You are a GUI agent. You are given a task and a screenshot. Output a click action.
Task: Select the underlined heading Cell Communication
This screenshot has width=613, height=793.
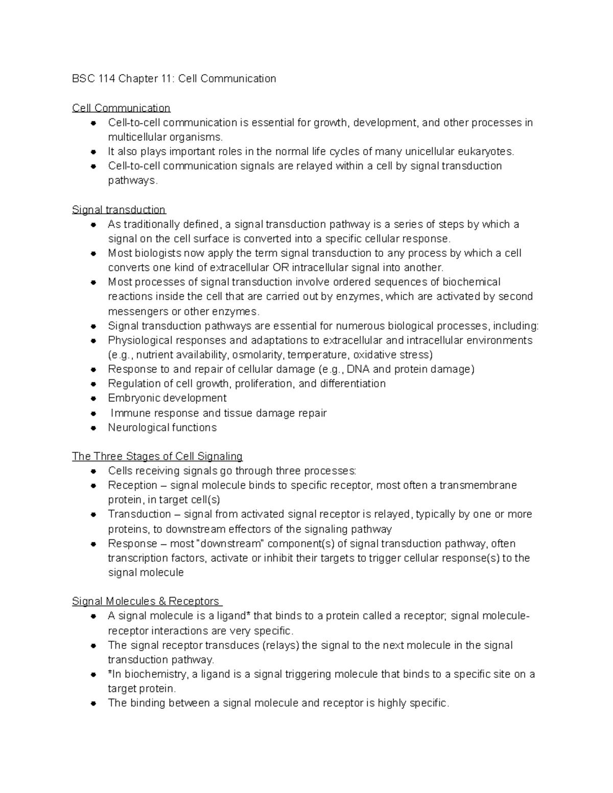(121, 108)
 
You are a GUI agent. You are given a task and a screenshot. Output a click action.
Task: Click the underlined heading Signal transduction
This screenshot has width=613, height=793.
(119, 210)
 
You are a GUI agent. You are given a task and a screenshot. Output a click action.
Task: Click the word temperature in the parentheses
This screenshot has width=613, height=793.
(318, 355)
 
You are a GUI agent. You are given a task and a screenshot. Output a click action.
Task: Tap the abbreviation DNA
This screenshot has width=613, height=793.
(359, 369)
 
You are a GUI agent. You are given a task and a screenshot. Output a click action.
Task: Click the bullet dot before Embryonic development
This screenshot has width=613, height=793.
(93, 398)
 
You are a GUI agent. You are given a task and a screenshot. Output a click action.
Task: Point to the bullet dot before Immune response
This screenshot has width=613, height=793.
(93, 413)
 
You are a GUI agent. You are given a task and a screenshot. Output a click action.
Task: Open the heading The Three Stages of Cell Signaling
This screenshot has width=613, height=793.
(157, 456)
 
